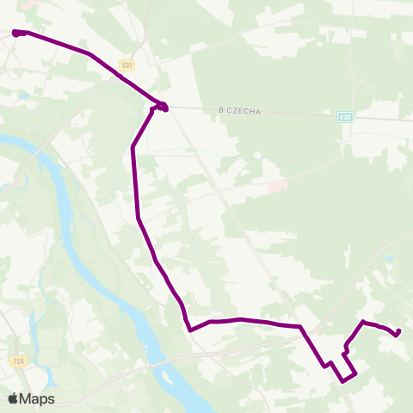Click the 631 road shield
click(127, 65)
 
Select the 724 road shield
click(18, 362)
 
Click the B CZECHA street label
click(239, 111)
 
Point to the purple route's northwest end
click(15, 33)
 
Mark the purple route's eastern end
click(398, 331)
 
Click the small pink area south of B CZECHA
click(276, 187)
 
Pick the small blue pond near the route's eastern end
click(389, 256)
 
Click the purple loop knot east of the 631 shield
click(161, 107)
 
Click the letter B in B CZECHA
click(221, 111)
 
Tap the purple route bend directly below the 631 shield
click(133, 148)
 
